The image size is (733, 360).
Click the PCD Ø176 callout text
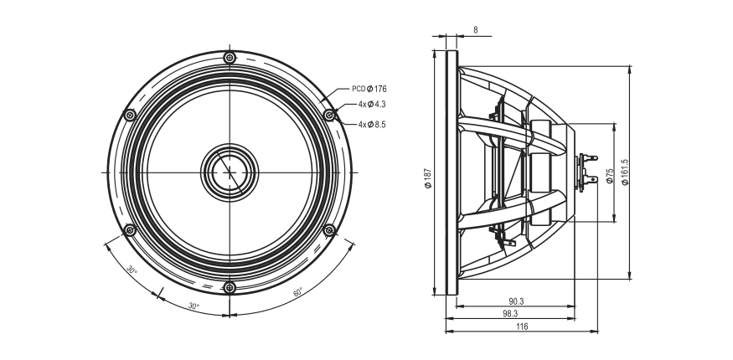click(369, 89)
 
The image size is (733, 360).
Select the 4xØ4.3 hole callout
click(372, 104)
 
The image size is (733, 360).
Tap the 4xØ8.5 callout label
click(372, 125)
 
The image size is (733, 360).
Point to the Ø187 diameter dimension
click(428, 177)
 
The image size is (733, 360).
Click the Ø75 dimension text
click(610, 176)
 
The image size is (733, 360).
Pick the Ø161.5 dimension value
click(626, 172)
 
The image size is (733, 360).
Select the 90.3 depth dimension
click(516, 301)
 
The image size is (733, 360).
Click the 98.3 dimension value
click(510, 314)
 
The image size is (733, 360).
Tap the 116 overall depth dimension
click(522, 327)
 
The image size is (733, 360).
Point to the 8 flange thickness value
click(476, 30)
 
